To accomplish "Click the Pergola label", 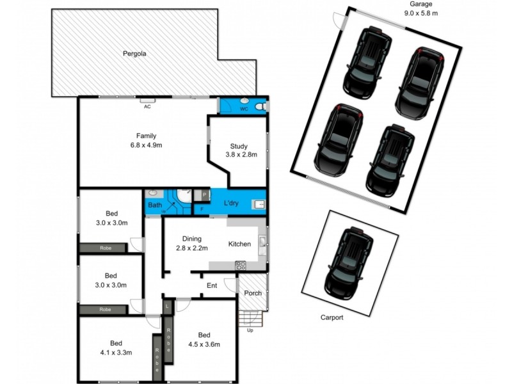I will point(135,54).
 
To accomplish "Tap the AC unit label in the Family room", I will point(147,106).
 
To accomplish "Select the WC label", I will point(244,109).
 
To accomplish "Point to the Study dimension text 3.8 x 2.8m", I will point(241,154).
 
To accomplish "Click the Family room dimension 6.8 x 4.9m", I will point(146,145).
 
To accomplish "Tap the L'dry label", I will point(232,204).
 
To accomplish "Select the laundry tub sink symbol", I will point(259,205).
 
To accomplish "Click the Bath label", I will point(155,205).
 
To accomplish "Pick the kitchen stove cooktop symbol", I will point(241,264).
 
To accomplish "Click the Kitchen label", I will point(239,244).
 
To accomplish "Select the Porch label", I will point(253,293).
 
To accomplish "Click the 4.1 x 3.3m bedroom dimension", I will point(115,351).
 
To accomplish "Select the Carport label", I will point(332,317).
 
